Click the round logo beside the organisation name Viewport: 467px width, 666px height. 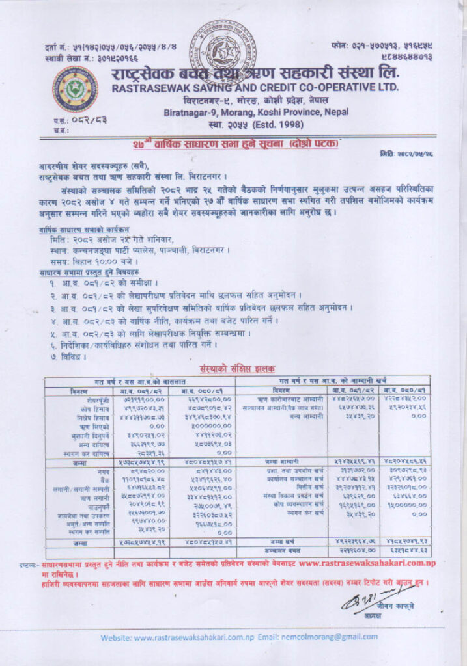(x=75, y=89)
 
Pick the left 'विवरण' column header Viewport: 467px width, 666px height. (x=83, y=391)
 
